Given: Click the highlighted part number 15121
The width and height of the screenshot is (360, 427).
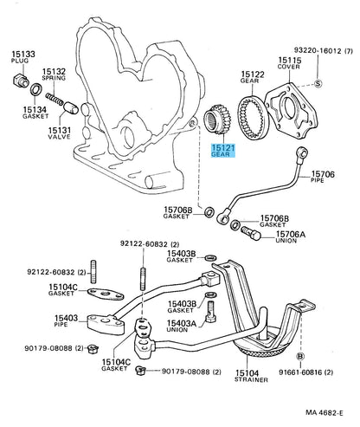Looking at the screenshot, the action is pyautogui.click(x=223, y=148).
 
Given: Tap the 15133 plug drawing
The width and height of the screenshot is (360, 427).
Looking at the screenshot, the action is pyautogui.click(x=21, y=80).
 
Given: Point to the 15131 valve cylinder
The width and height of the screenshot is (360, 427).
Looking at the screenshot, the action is pyautogui.click(x=71, y=107).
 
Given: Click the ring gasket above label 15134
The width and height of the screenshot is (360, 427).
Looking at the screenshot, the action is pyautogui.click(x=36, y=89).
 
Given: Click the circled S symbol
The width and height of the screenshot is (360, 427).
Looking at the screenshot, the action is pyautogui.click(x=318, y=84).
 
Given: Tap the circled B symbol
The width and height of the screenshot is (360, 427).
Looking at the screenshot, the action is pyautogui.click(x=300, y=357).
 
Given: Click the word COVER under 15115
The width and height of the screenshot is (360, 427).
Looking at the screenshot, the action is pyautogui.click(x=289, y=67).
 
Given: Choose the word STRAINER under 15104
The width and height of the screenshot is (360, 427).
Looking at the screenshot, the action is pyautogui.click(x=251, y=379).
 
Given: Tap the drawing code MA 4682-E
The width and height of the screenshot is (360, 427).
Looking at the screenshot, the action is pyautogui.click(x=325, y=413).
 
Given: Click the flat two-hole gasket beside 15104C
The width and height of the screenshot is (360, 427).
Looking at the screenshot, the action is pyautogui.click(x=106, y=294).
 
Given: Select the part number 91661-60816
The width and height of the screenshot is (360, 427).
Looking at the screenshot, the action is pyautogui.click(x=300, y=372).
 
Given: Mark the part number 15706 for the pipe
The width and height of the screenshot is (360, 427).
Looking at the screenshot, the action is pyautogui.click(x=323, y=174).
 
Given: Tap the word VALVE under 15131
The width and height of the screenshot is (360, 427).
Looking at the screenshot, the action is pyautogui.click(x=60, y=137).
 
